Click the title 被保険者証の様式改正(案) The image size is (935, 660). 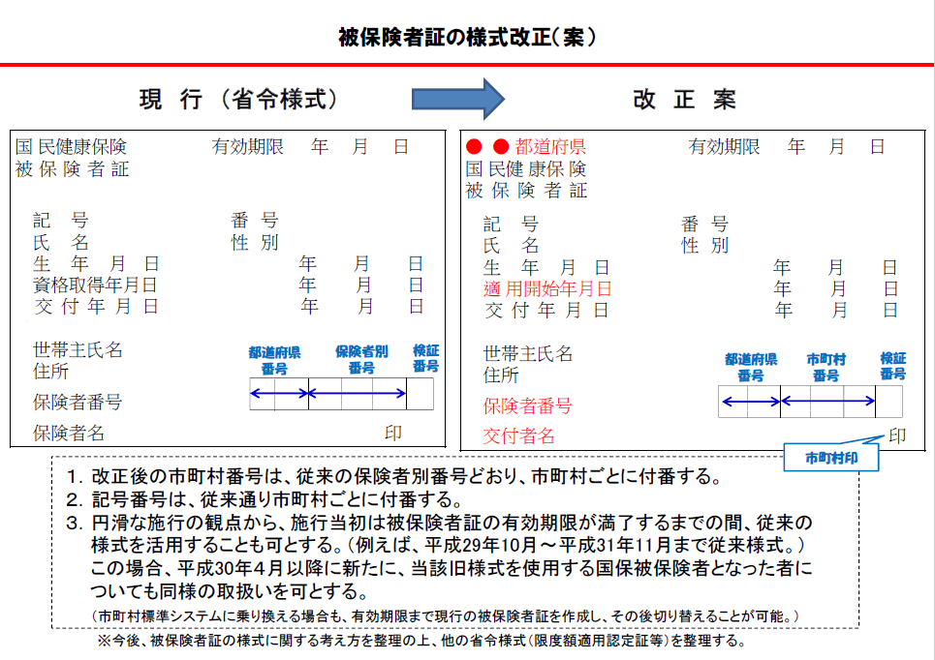(x=467, y=37)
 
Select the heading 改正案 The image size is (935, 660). (x=685, y=99)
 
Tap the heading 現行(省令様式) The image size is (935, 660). (x=237, y=99)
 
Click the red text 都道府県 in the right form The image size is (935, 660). (x=550, y=147)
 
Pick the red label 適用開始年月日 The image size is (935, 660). (x=548, y=288)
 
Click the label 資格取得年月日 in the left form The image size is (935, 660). (x=95, y=285)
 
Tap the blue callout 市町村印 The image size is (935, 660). (x=830, y=457)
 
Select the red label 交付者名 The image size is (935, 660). (x=519, y=436)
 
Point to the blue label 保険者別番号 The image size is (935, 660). (x=360, y=359)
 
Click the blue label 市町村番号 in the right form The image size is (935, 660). (x=826, y=367)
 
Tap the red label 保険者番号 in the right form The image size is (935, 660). (x=528, y=405)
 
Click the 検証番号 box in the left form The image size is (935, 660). (x=420, y=393)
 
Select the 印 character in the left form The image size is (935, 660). (x=392, y=433)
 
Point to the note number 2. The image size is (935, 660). (x=74, y=499)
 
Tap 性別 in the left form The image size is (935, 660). (x=255, y=242)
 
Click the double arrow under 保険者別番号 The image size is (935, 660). (x=358, y=393)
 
